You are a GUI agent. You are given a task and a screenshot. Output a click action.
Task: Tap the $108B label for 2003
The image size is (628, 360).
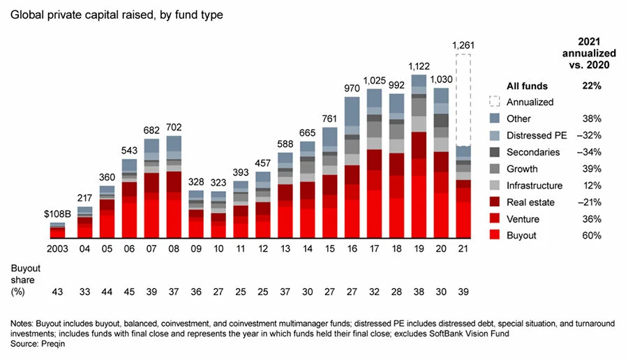pyautogui.click(x=58, y=214)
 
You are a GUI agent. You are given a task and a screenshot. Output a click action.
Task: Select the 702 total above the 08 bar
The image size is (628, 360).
pyautogui.click(x=174, y=128)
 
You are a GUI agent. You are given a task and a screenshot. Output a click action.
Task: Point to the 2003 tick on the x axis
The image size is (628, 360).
pyautogui.click(x=58, y=248)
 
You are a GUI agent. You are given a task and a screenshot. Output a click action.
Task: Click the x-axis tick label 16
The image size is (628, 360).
pyautogui.click(x=352, y=248)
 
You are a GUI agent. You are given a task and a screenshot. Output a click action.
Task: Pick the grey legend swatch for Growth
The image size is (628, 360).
pyautogui.click(x=495, y=169)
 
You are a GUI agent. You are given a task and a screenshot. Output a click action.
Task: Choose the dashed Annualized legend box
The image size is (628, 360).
pyautogui.click(x=495, y=102)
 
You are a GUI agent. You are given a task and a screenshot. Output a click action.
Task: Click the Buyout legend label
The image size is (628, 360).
pyautogui.click(x=522, y=236)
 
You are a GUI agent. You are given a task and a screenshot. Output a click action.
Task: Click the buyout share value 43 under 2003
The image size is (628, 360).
pyautogui.click(x=58, y=291)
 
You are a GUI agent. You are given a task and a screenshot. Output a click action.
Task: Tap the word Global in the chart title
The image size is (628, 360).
pyautogui.click(x=24, y=13)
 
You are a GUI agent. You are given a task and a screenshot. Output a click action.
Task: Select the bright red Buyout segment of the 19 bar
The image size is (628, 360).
pyautogui.click(x=419, y=202)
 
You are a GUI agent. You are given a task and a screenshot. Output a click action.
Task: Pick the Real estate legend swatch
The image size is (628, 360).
pyautogui.click(x=495, y=202)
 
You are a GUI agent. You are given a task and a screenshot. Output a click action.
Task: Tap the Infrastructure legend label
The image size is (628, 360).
pyautogui.click(x=534, y=186)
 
